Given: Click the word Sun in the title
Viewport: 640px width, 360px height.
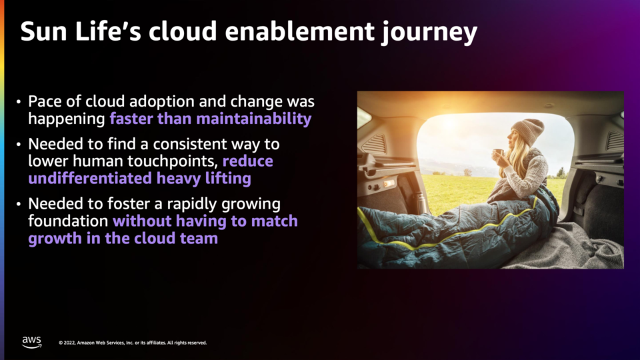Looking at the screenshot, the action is click(x=44, y=31).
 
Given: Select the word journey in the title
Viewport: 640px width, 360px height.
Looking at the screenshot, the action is click(x=429, y=33).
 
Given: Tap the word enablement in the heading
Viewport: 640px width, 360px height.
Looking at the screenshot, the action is click(x=299, y=31).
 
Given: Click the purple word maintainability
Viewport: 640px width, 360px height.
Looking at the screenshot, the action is click(x=254, y=119).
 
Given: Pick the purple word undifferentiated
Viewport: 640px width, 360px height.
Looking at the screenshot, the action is click(x=90, y=179).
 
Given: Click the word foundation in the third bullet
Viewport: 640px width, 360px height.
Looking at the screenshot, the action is click(x=68, y=221).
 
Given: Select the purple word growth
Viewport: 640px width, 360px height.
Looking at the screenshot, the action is click(x=55, y=239).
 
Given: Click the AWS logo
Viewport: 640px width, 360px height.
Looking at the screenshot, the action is click(x=32, y=342).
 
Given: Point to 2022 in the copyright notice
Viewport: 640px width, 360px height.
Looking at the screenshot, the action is click(x=69, y=343).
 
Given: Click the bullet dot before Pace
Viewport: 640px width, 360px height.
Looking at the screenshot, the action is click(x=19, y=101).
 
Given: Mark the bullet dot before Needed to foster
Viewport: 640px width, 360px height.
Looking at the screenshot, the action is click(x=19, y=204).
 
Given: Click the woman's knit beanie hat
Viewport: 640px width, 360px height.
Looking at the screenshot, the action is click(x=529, y=131).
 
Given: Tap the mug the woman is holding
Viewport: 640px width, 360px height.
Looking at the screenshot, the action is click(x=497, y=155).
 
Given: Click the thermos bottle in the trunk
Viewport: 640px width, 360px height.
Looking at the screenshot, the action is click(x=420, y=203).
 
